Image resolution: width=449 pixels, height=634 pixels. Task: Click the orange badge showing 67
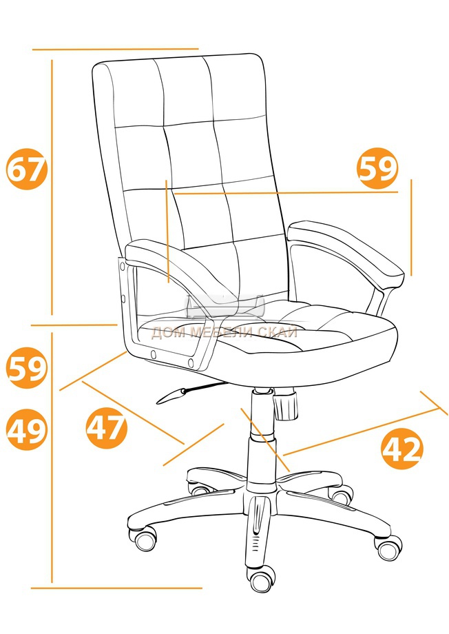point(27,169)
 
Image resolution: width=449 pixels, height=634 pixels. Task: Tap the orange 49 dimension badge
point(27,430)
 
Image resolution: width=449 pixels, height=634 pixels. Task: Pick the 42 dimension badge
point(403,449)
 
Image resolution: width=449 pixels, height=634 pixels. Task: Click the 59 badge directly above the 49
point(27,367)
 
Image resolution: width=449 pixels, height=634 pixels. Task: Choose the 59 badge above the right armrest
point(377,168)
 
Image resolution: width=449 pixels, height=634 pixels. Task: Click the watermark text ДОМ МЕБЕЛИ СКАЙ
point(224,332)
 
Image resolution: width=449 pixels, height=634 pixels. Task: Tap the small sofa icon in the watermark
point(224,307)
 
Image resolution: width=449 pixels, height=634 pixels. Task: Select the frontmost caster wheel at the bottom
point(262,582)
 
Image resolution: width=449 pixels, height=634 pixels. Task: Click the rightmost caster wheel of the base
point(389,547)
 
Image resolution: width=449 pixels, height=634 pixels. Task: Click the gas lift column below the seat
point(262,437)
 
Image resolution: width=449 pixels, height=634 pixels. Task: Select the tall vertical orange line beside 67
point(52,187)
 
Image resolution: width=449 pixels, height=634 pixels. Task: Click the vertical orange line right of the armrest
point(411,227)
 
